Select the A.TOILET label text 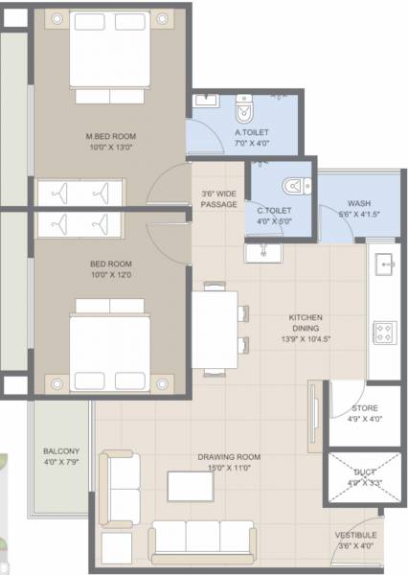(252, 133)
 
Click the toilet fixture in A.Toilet (245, 102)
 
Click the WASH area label (359, 203)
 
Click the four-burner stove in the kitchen (384, 333)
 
